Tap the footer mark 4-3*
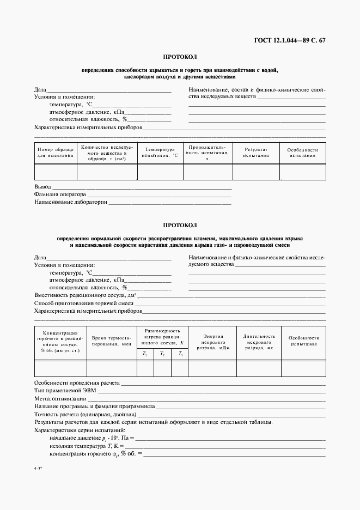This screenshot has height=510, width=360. [38, 476]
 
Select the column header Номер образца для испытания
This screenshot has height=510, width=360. [55, 152]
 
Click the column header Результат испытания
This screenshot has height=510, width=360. [256, 152]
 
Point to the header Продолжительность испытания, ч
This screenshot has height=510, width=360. [207, 152]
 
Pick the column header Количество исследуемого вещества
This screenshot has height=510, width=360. [107, 153]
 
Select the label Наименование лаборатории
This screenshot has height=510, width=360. [70, 202]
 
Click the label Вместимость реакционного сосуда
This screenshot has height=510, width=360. [84, 295]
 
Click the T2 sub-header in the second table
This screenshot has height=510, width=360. [162, 354]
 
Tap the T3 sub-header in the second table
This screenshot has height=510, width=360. [180, 354]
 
